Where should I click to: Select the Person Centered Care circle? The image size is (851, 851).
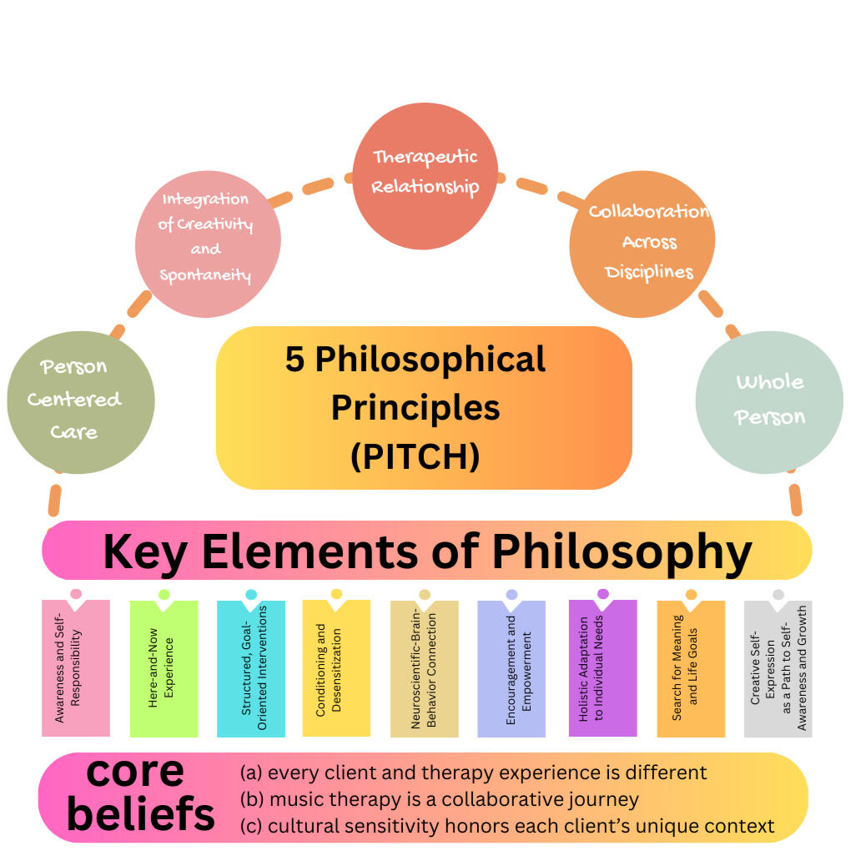(80, 401)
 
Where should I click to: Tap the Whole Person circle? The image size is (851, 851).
(768, 400)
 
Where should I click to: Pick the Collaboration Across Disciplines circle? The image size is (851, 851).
(642, 242)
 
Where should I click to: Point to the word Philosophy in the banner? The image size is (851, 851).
(621, 551)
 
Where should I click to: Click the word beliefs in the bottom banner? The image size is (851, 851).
(140, 813)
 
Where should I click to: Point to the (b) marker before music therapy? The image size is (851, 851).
(252, 799)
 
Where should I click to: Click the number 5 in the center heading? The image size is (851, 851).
(295, 360)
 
